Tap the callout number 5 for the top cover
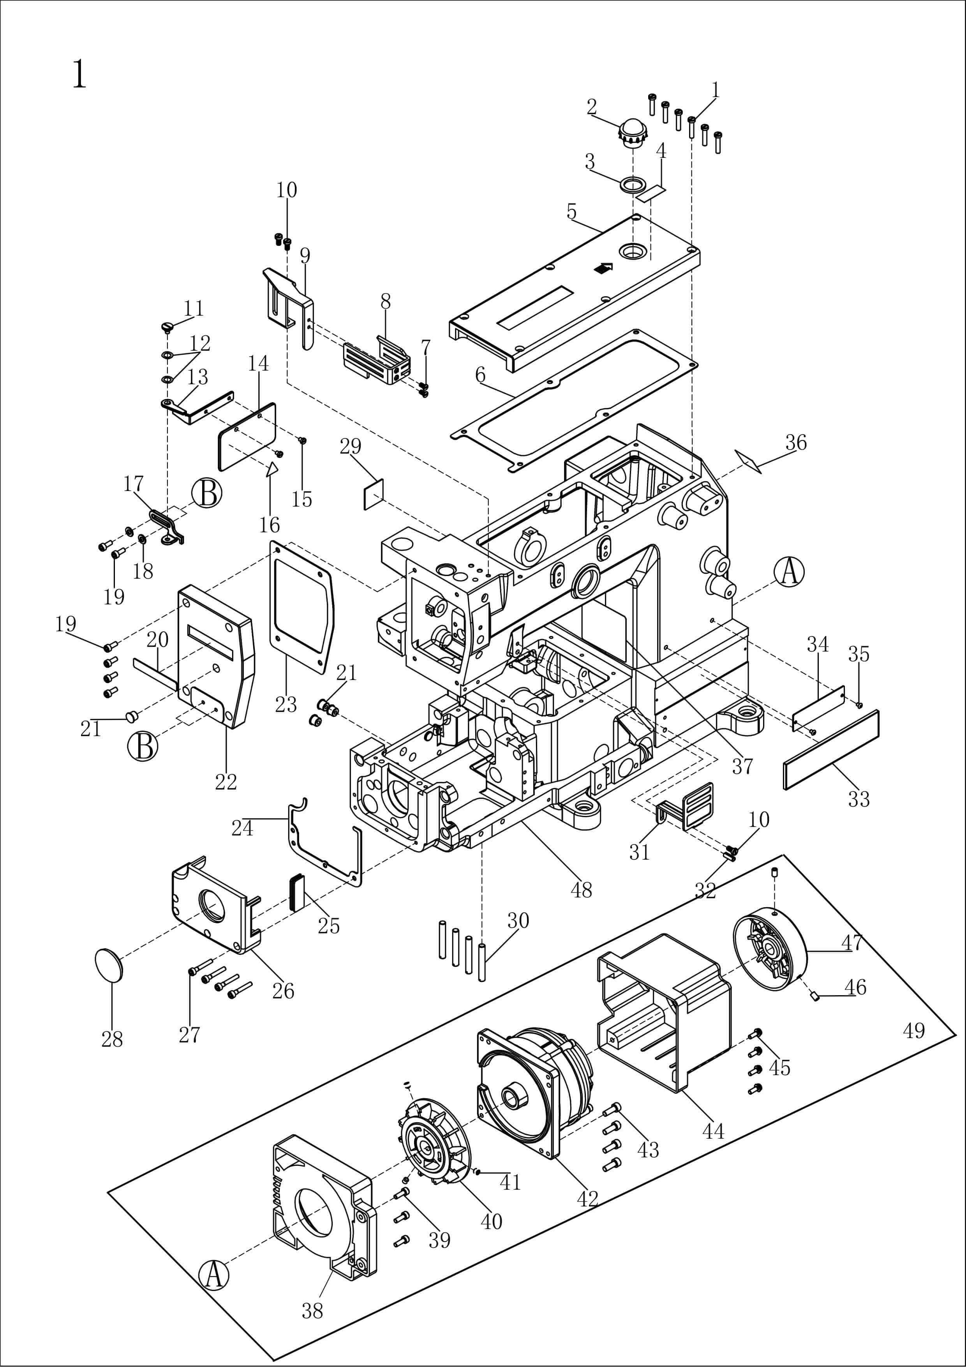tap(572, 211)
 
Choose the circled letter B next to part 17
tap(206, 494)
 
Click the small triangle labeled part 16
tap(272, 469)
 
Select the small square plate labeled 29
tap(373, 495)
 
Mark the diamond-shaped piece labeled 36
tap(748, 461)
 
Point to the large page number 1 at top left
tap(79, 74)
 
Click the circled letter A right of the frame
tap(789, 572)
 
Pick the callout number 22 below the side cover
tap(226, 782)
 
